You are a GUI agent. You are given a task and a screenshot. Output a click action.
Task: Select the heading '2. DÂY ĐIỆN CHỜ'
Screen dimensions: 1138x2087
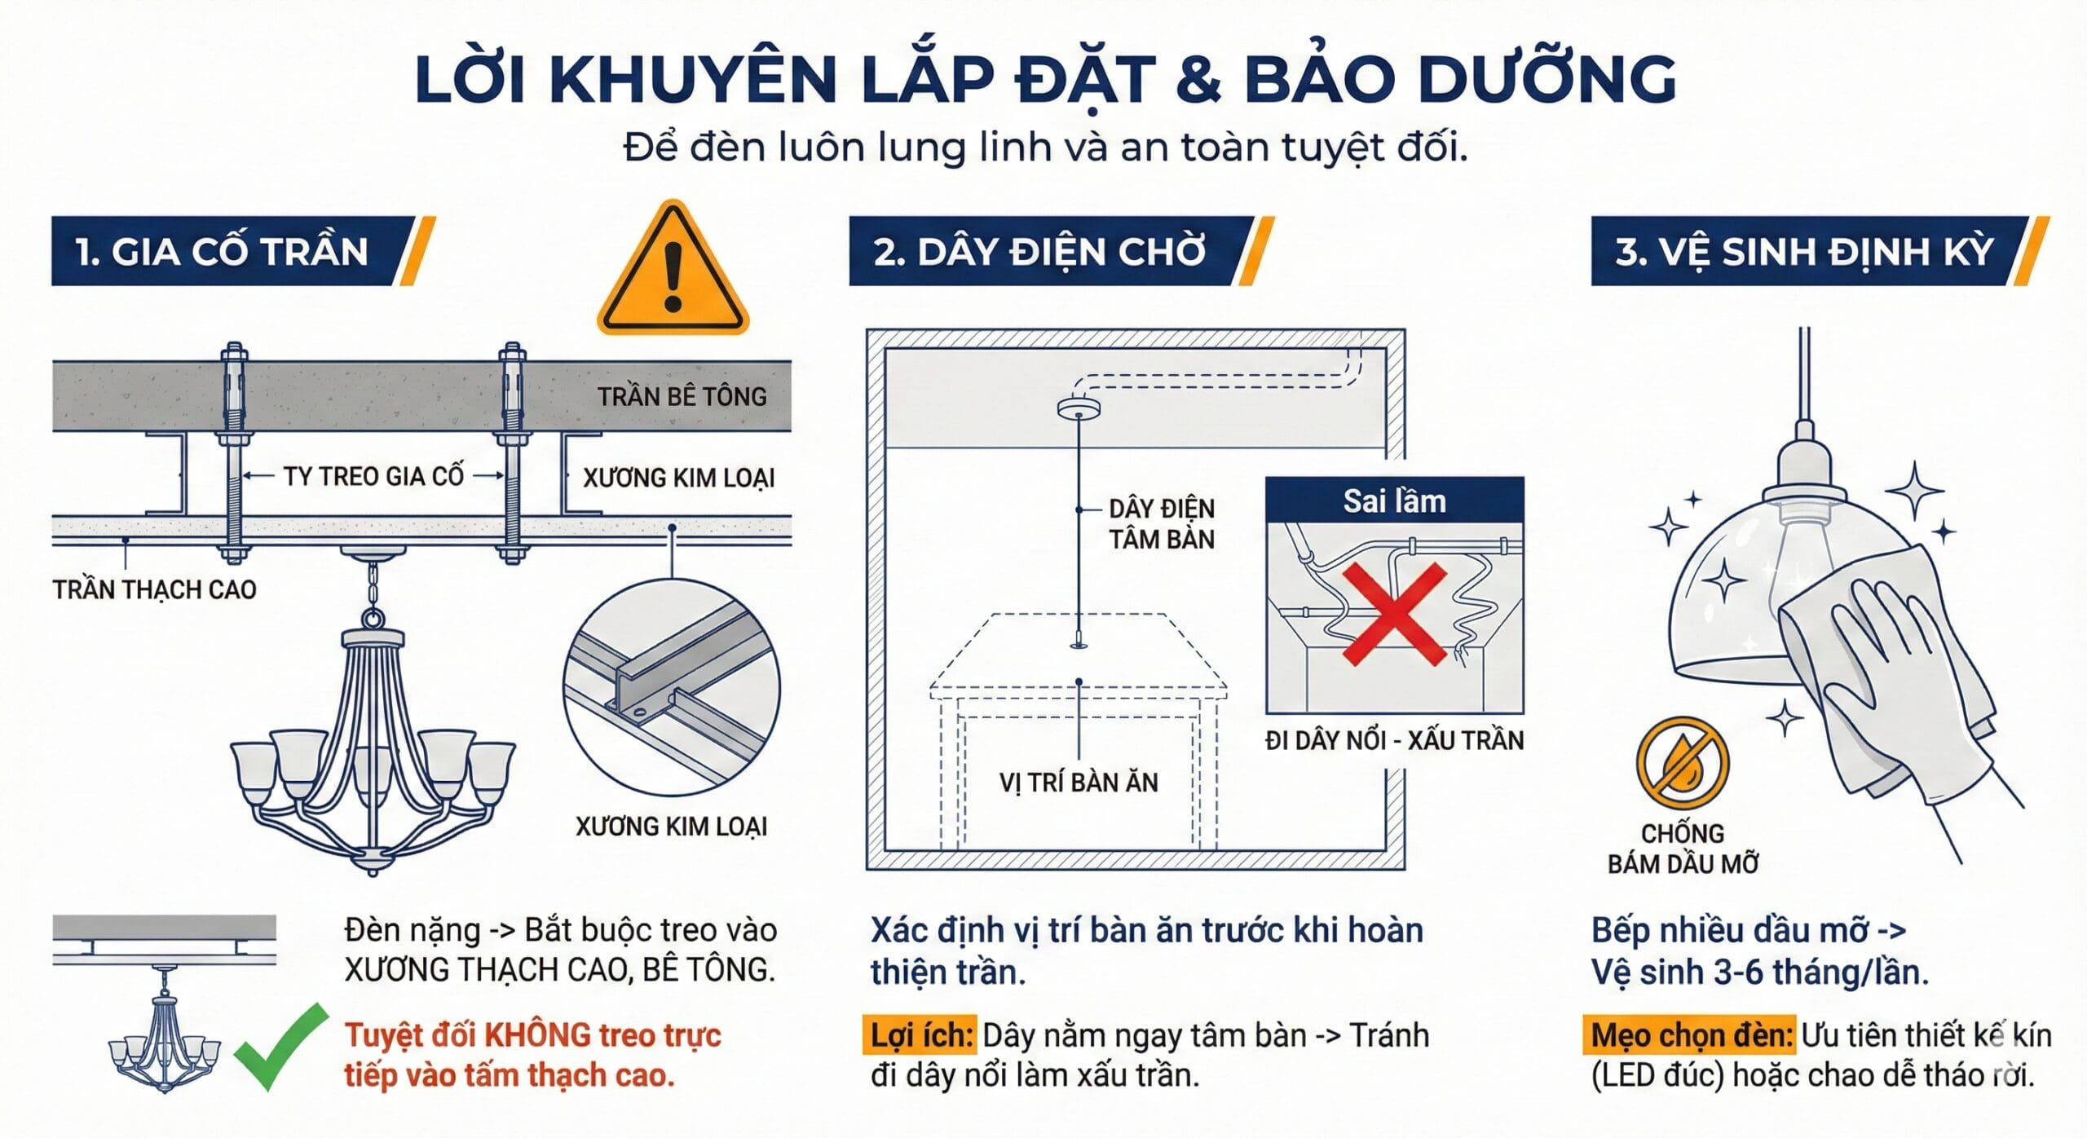pos(1039,251)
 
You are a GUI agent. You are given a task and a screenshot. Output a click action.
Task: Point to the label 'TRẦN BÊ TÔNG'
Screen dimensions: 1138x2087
pos(682,397)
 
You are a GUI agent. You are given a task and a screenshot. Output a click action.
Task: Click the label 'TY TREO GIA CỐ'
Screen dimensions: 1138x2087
pos(373,476)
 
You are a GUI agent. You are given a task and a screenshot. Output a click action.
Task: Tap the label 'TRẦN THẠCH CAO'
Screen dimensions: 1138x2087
pos(154,589)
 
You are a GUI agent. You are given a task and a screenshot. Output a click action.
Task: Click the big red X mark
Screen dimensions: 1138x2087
pos(1394,614)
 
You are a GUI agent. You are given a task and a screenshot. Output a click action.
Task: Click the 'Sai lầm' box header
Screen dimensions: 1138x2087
pos(1394,501)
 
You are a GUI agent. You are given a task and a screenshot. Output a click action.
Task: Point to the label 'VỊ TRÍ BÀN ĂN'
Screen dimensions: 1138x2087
pos(1078,783)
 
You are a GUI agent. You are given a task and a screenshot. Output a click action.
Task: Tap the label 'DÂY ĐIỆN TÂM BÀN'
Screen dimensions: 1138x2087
pos(1161,524)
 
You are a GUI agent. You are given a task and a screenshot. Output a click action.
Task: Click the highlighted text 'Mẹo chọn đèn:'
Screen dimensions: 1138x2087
pos(1692,1035)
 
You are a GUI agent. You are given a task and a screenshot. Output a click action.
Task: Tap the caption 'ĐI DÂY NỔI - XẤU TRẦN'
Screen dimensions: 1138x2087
pos(1394,740)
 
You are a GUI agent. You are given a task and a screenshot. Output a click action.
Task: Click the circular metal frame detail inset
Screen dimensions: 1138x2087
pos(671,687)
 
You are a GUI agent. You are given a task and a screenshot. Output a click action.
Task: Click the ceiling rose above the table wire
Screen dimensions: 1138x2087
pos(1078,407)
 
